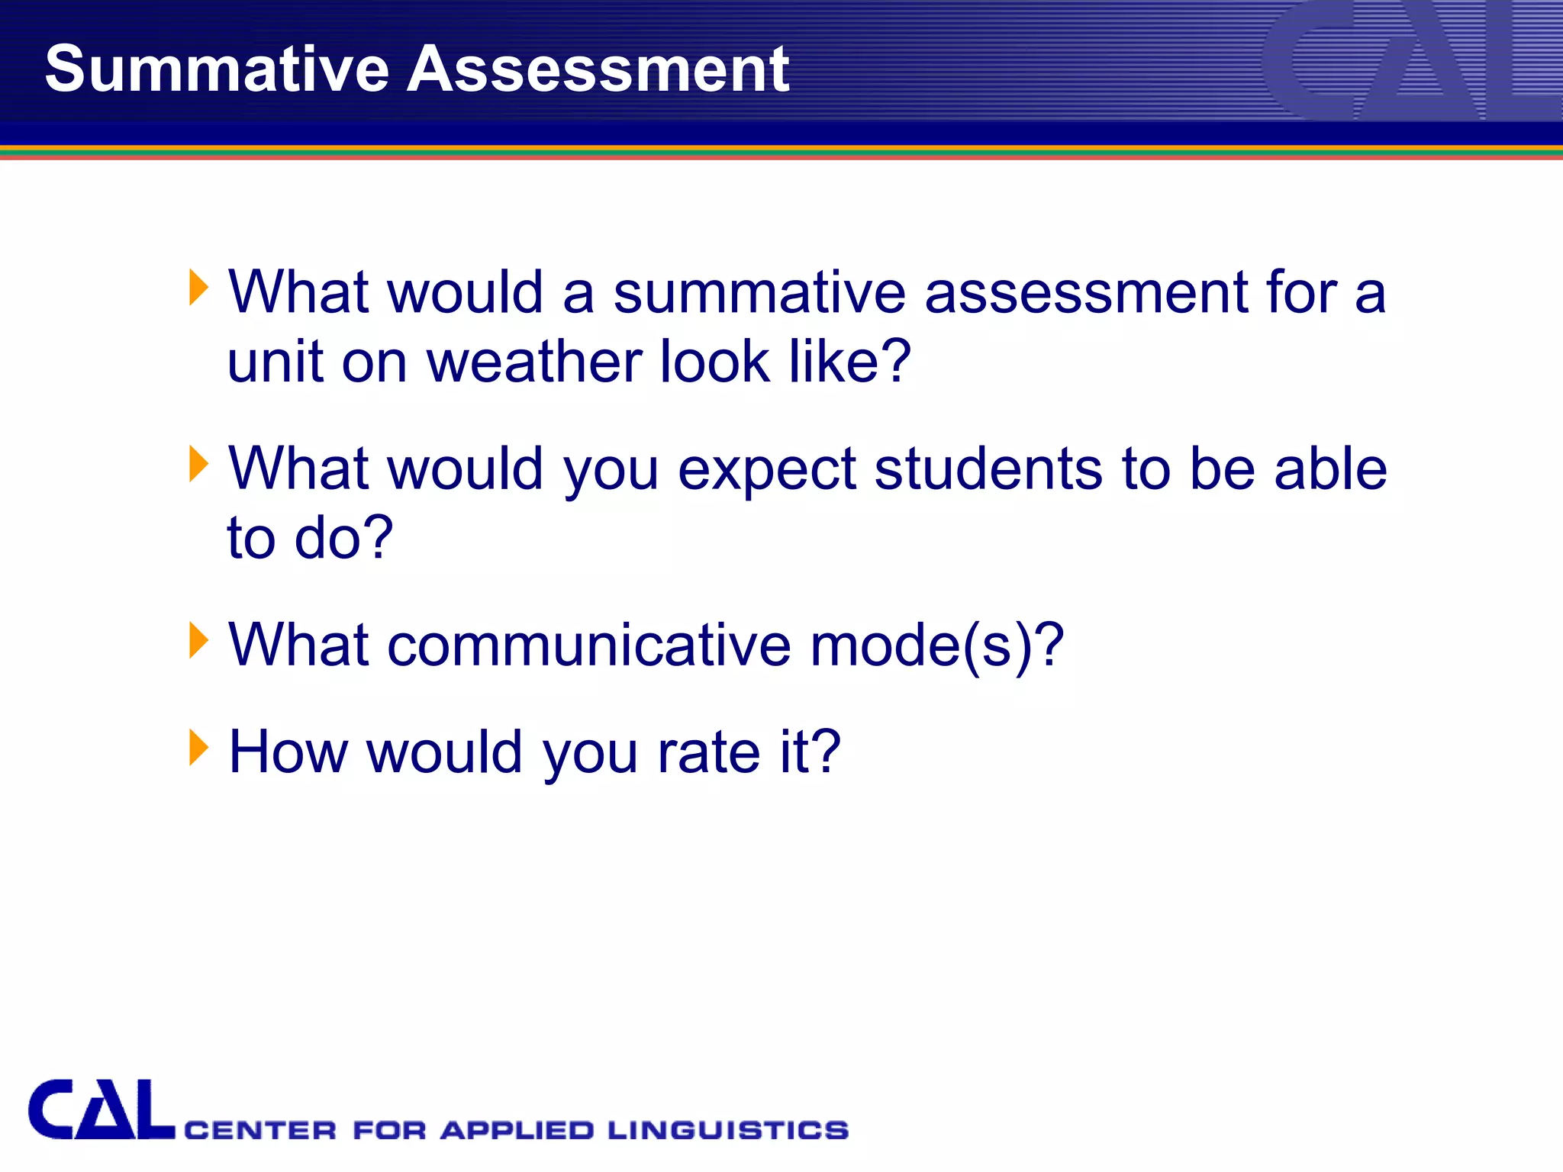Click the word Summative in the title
click(x=217, y=69)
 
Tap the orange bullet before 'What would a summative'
click(x=198, y=288)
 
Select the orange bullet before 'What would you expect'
click(x=198, y=464)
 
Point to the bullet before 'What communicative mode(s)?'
click(x=198, y=640)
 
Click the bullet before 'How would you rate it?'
click(x=198, y=747)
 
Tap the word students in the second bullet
click(x=988, y=468)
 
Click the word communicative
click(x=588, y=645)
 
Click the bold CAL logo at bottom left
click(x=102, y=1110)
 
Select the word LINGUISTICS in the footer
click(x=728, y=1130)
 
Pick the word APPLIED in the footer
click(x=517, y=1130)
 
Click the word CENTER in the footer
click(x=260, y=1130)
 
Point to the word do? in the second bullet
click(x=344, y=538)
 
